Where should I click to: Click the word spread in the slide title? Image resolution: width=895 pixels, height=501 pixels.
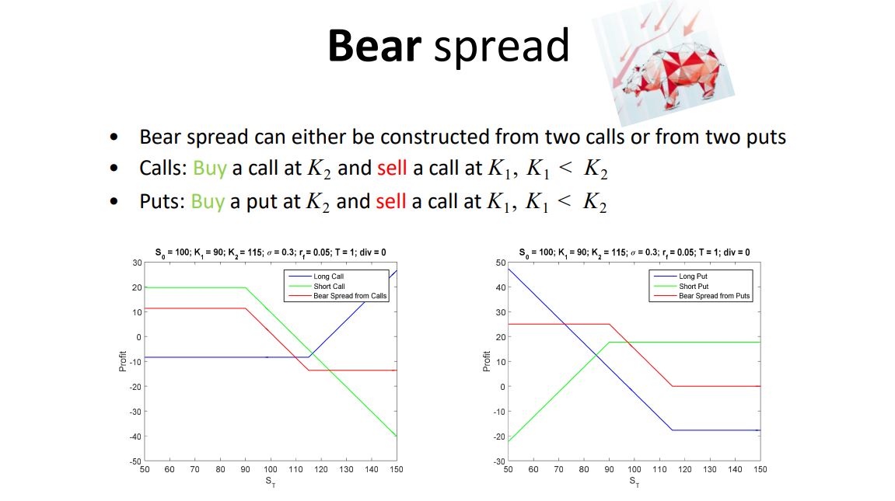[502, 47]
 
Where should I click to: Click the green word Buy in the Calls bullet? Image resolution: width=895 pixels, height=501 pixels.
[209, 169]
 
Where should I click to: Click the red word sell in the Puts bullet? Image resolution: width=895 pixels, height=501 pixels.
[391, 202]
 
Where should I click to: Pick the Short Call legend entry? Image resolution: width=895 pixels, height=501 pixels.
[329, 287]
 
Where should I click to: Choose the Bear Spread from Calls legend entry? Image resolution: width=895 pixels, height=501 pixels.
[350, 296]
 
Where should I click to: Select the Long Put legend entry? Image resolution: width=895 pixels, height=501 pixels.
[693, 277]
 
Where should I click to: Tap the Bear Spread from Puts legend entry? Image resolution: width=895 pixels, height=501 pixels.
[714, 296]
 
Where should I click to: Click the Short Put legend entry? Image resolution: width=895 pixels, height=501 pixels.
[694, 287]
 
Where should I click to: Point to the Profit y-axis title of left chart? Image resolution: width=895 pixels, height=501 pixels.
[123, 362]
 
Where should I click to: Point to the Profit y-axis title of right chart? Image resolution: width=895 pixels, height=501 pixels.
[487, 362]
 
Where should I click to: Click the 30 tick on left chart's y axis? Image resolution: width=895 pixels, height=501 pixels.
[137, 263]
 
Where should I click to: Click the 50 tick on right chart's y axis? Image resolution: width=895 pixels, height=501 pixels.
[501, 263]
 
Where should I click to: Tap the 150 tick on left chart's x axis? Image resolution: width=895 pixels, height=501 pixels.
[397, 469]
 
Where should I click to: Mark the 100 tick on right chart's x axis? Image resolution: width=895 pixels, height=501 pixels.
[635, 469]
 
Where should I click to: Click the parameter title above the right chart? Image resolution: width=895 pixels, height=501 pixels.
[634, 252]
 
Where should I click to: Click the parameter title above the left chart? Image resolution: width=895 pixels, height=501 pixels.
[270, 252]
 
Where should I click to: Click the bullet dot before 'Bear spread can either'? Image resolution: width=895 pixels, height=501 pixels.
[114, 137]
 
